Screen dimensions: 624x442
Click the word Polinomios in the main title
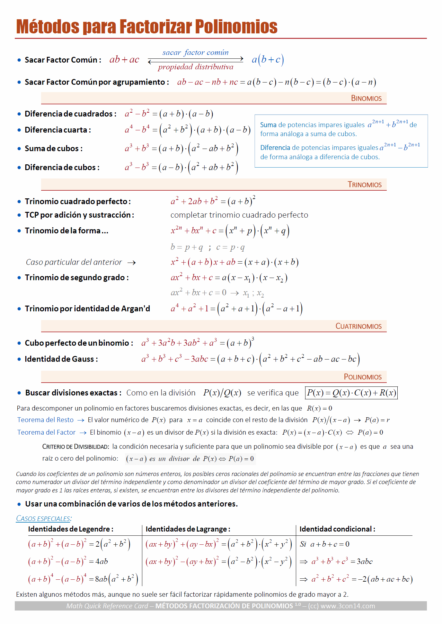[236, 26]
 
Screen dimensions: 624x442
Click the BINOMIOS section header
[366, 98]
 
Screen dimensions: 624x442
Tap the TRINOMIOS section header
[365, 185]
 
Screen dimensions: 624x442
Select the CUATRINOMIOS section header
[358, 326]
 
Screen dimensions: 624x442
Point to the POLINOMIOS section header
[363, 377]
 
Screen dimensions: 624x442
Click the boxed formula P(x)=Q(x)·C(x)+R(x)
[351, 393]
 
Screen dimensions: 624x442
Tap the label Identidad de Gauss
[61, 359]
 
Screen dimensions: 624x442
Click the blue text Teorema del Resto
[45, 420]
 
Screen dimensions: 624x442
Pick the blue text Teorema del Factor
[46, 432]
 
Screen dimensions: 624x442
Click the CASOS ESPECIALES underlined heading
[44, 518]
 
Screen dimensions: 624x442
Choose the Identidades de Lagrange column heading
[188, 529]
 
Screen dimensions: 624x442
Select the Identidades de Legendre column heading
[71, 529]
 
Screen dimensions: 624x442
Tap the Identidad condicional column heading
[337, 529]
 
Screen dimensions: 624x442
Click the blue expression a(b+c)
[268, 59]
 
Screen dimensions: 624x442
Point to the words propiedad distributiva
[196, 67]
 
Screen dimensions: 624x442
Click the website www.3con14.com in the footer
[348, 606]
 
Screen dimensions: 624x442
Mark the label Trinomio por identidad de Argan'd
[87, 309]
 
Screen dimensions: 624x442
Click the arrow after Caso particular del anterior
[131, 263]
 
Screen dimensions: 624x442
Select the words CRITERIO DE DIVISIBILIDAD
[75, 446]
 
